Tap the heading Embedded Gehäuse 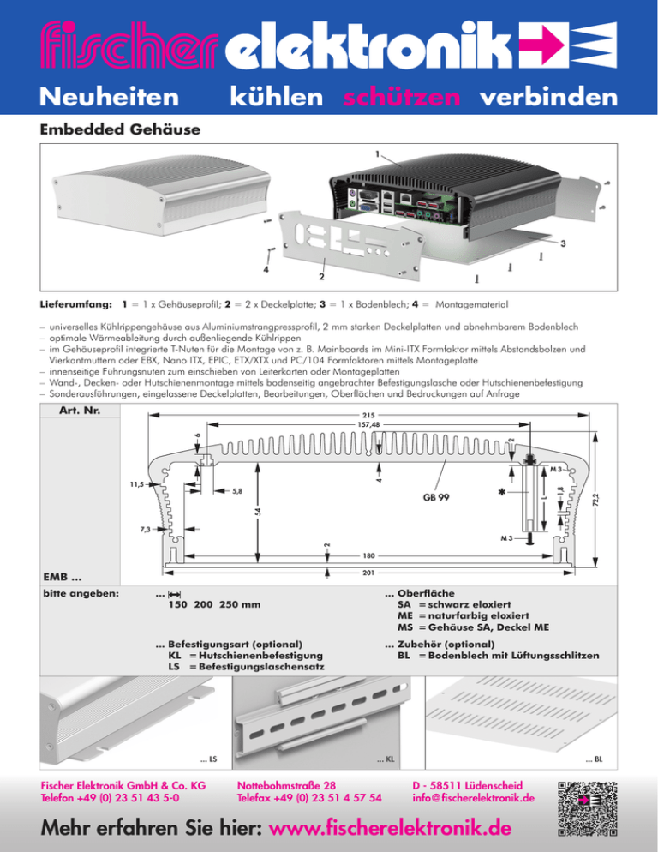(119, 130)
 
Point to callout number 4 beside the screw (266, 269)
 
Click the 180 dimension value (368, 554)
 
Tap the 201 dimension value (368, 571)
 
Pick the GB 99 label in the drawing (438, 496)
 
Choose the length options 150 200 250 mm (214, 605)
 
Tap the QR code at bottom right (587, 807)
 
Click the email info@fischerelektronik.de (473, 797)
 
